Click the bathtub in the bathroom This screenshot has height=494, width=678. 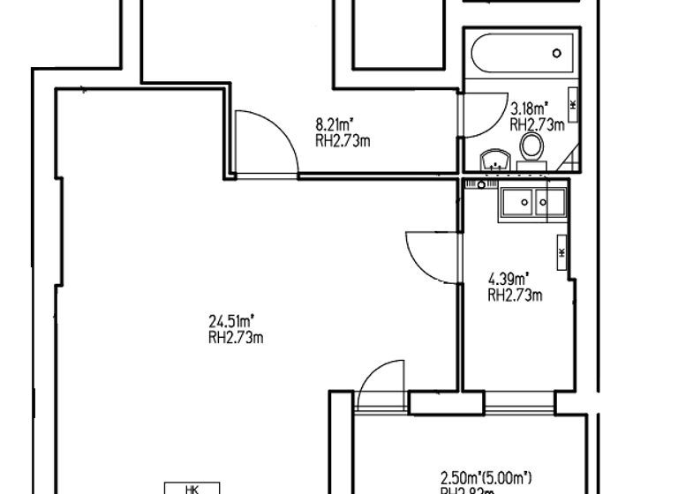pyautogui.click(x=521, y=55)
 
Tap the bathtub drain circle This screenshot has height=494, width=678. pyautogui.click(x=556, y=53)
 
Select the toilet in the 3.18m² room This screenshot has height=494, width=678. pyautogui.click(x=531, y=149)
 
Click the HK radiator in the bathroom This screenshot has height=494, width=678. pyautogui.click(x=574, y=105)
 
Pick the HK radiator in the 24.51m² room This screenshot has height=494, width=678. pyautogui.click(x=192, y=488)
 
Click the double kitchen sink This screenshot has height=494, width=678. pyautogui.click(x=532, y=203)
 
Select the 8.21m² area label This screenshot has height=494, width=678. pyautogui.click(x=335, y=125)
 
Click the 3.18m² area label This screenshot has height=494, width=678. pyautogui.click(x=530, y=110)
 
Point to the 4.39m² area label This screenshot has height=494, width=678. pyautogui.click(x=508, y=281)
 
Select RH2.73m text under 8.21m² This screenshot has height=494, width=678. pyautogui.click(x=342, y=139)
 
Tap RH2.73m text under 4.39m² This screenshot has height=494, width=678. pyautogui.click(x=515, y=296)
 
